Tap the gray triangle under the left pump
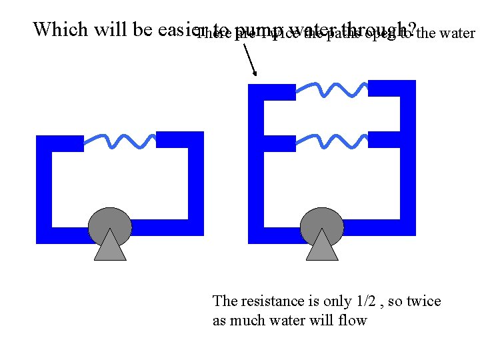110,248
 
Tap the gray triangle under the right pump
323,248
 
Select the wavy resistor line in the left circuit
120,140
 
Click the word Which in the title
60,29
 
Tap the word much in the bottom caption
245,321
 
